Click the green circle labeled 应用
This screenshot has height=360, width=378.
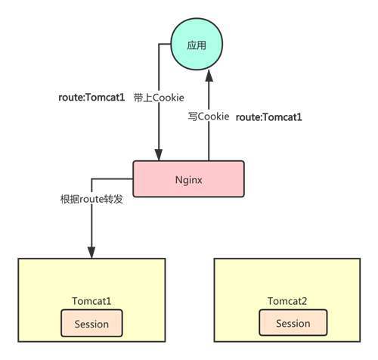click(197, 44)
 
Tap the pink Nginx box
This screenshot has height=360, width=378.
click(188, 178)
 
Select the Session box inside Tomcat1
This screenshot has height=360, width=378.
click(91, 323)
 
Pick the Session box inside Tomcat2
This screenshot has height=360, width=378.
click(293, 323)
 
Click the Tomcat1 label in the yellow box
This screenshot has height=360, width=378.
click(91, 301)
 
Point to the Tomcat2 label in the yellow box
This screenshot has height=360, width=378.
click(287, 301)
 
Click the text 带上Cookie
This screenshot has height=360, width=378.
click(159, 98)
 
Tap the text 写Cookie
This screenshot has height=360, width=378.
click(209, 116)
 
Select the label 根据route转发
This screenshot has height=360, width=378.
click(91, 199)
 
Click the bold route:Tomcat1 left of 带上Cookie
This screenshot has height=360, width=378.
click(91, 98)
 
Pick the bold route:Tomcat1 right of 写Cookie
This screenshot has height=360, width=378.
click(268, 117)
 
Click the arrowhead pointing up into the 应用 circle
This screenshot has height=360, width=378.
click(209, 76)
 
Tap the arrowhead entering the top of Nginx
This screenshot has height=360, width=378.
click(159, 154)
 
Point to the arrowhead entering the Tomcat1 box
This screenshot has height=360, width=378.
click(91, 253)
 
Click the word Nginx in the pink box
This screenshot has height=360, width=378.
click(188, 180)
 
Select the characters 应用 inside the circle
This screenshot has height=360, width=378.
click(197, 45)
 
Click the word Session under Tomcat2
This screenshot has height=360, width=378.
click(293, 323)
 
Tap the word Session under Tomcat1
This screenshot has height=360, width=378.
click(91, 324)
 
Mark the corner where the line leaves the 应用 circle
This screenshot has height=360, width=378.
click(159, 44)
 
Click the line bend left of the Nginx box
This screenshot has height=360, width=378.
click(91, 179)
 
